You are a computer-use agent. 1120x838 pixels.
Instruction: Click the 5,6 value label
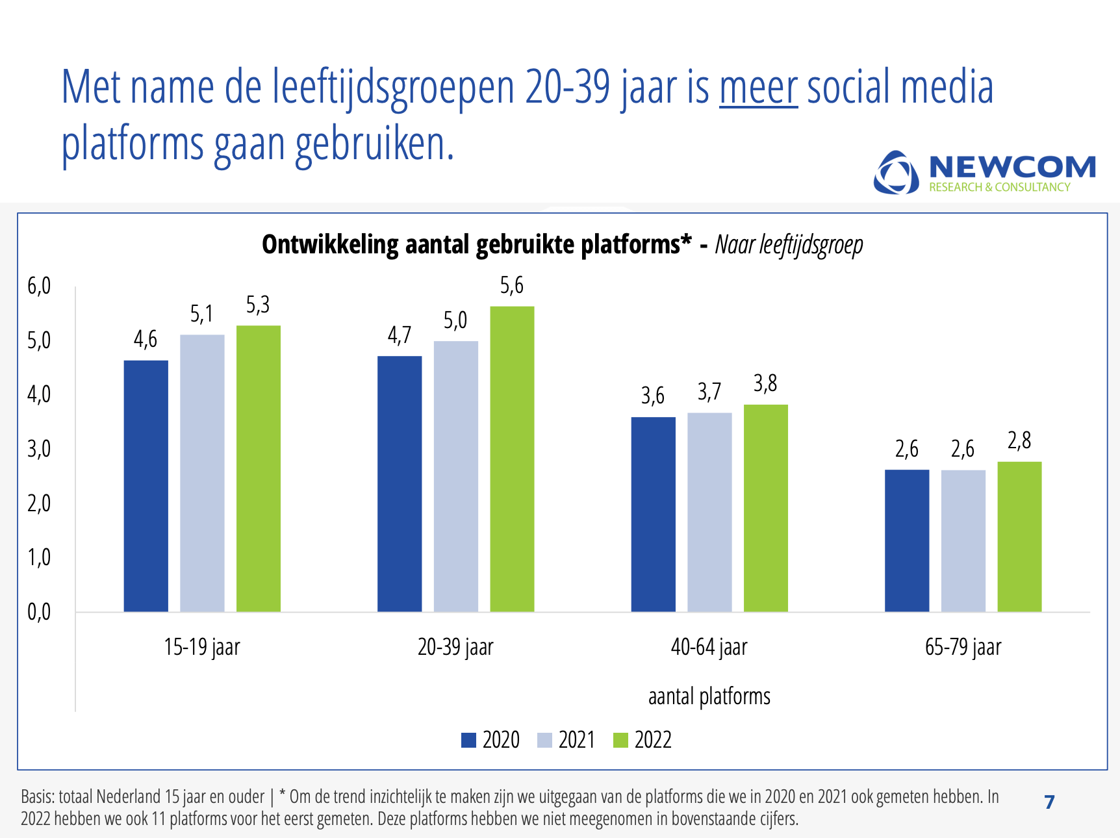[x=511, y=285]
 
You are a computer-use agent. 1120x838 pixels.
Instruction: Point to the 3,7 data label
[x=709, y=392]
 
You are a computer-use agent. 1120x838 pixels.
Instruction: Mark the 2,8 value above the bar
[x=1019, y=440]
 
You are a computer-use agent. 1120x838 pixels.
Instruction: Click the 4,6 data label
[x=146, y=339]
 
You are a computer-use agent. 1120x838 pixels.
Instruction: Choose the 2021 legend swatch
[x=544, y=740]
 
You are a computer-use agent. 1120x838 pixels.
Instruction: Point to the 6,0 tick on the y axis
[x=39, y=286]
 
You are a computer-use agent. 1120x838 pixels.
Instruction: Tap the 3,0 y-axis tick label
[x=39, y=449]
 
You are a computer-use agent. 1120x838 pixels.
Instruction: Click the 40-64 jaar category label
[x=709, y=647]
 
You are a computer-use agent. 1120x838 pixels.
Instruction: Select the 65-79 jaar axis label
[x=963, y=647]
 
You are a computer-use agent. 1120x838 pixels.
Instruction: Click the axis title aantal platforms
[x=709, y=696]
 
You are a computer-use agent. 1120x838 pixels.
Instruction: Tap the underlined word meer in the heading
[x=758, y=88]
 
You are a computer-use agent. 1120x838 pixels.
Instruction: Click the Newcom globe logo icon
[x=896, y=173]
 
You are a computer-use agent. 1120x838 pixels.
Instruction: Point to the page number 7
[x=1049, y=802]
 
